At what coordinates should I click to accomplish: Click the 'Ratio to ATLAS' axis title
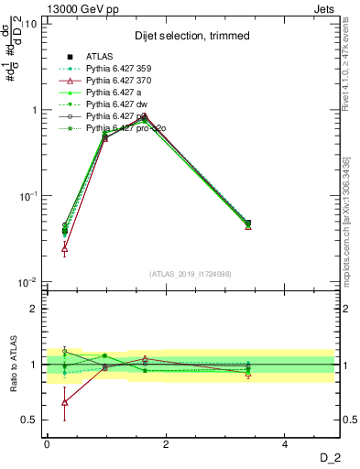(x=13, y=365)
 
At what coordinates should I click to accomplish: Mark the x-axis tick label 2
(x=166, y=443)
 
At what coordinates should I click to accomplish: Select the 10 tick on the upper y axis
(x=29, y=24)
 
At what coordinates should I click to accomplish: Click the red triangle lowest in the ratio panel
(x=64, y=402)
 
